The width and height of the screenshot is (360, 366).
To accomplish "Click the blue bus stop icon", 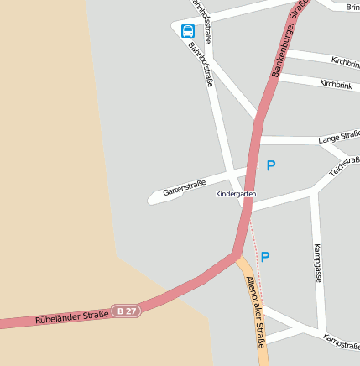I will [187, 31].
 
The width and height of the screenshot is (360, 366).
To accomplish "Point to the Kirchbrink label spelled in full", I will [336, 84].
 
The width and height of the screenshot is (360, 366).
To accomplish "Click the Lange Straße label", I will [339, 137].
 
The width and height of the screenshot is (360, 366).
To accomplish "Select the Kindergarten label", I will [235, 194].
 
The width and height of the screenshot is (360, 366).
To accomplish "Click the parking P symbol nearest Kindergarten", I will [270, 166].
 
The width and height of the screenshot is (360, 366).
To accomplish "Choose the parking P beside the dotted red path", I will [265, 257].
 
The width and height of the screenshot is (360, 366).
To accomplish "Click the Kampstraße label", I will [341, 340].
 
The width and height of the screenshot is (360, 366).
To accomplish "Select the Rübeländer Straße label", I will [72, 316].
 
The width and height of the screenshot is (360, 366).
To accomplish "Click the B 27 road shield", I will [127, 311].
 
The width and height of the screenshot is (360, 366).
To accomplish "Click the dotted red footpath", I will [257, 260].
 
